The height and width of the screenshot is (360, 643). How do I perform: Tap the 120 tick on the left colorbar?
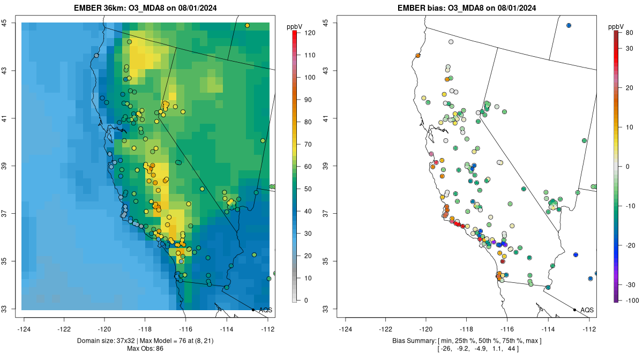point(305,33)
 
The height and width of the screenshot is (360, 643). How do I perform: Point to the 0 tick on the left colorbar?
point(305,300)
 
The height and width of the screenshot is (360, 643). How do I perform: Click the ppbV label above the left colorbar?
point(294,26)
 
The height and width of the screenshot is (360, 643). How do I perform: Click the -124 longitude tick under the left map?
point(25,329)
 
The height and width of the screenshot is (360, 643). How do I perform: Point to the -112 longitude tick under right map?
point(589,329)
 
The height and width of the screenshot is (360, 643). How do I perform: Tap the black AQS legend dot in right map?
point(574,310)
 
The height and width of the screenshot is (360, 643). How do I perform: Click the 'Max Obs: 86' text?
point(145,349)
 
